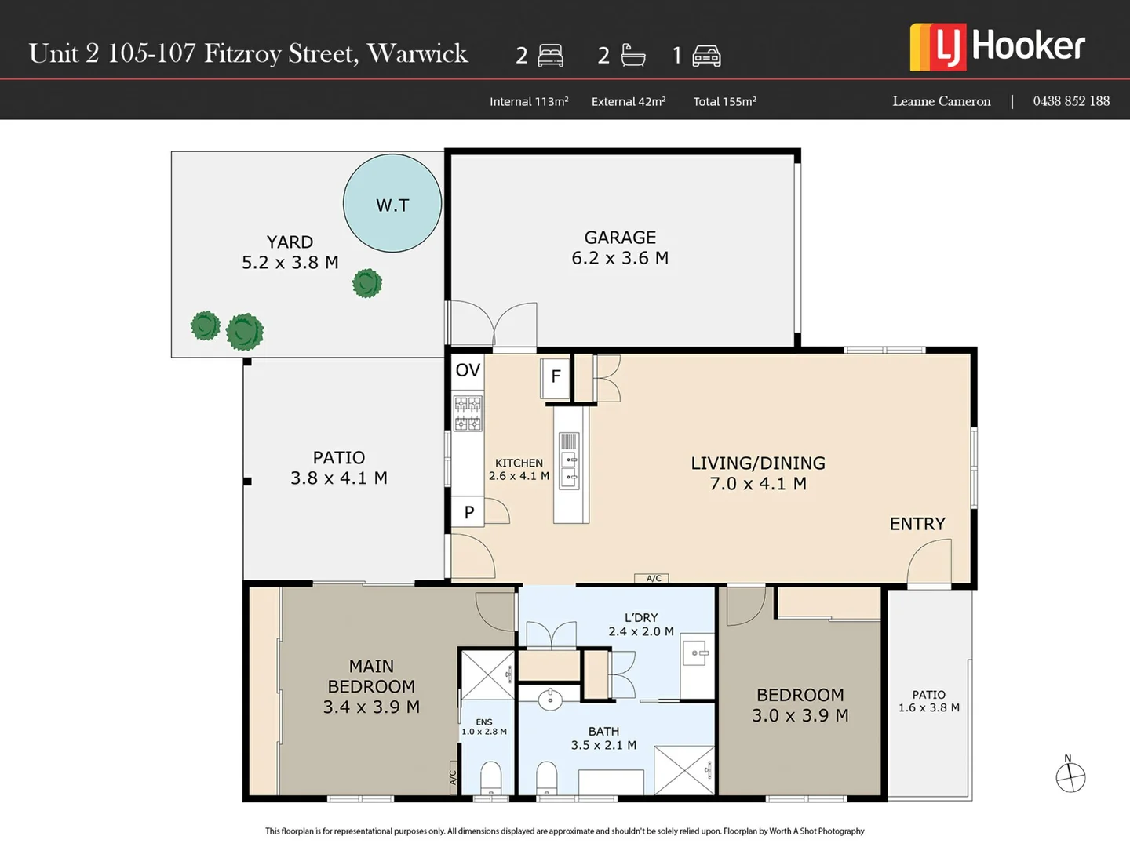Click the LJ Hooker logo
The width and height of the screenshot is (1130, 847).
coord(997,46)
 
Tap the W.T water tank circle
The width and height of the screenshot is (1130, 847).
coord(392,203)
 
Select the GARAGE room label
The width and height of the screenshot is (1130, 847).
coord(620,238)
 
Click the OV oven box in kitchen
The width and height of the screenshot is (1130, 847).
coord(468,370)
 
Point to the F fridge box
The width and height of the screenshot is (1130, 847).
coord(556,377)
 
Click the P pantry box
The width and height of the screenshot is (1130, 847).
coord(468,512)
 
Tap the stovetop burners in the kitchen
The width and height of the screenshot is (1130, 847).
coord(468,414)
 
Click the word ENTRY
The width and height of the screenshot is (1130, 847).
coord(917,524)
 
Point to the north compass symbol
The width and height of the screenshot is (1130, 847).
coord(1070,777)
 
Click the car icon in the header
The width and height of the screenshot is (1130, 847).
coord(706,56)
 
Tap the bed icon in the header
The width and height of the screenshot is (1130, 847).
coord(551,56)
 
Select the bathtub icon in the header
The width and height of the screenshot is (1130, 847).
coord(632,55)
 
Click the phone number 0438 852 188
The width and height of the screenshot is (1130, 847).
coord(1071,101)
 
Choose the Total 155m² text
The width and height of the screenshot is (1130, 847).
coord(724,101)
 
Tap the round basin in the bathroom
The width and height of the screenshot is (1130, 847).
coord(550,699)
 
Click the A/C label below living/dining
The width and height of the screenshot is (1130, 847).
coord(654,579)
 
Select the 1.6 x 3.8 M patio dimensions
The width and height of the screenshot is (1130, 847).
coord(929,707)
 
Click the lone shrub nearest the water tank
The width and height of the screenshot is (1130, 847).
coord(366,283)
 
